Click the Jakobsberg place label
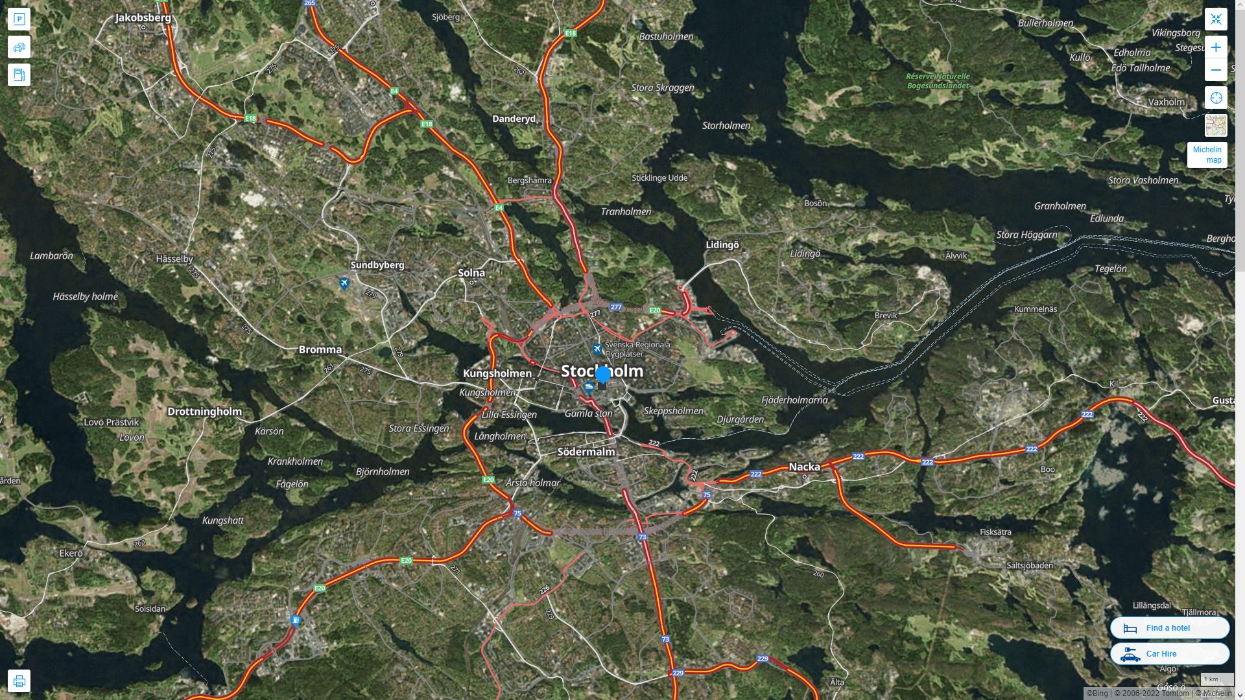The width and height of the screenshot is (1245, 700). click(143, 17)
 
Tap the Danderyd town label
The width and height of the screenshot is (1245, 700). click(514, 119)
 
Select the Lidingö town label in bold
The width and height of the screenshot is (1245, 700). click(722, 245)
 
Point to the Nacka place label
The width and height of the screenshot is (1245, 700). click(804, 467)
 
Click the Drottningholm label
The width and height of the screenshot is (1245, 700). click(204, 412)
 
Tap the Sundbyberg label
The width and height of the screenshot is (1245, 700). click(377, 265)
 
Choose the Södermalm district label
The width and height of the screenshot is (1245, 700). click(586, 452)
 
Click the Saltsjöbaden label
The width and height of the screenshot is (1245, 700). click(1030, 565)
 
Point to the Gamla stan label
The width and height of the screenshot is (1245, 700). click(588, 414)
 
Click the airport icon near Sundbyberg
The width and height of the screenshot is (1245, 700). click(344, 283)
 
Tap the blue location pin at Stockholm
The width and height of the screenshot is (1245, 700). click(603, 375)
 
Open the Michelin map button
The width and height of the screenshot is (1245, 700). click(1207, 155)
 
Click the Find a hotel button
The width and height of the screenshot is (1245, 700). click(1169, 628)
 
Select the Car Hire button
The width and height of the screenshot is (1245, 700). click(1169, 654)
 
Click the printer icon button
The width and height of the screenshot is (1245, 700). click(19, 681)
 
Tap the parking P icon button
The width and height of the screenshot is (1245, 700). click(19, 19)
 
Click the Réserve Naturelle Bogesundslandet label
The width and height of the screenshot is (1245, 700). click(938, 81)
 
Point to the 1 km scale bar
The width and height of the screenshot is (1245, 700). click(1216, 679)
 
